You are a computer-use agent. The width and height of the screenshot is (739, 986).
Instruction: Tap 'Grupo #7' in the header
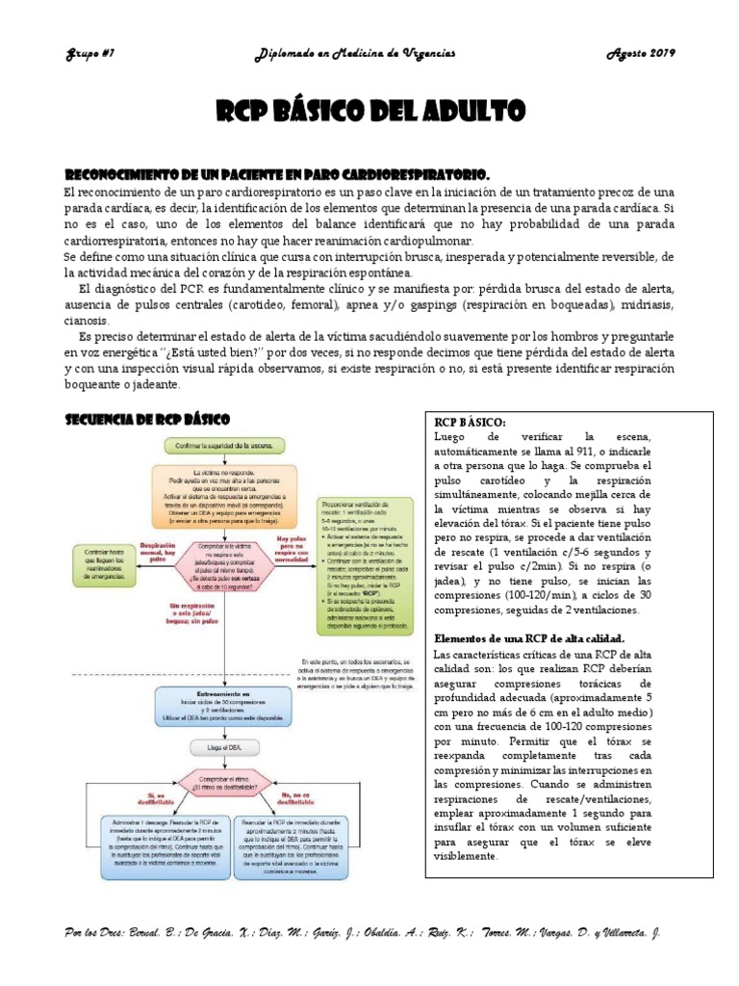(89, 55)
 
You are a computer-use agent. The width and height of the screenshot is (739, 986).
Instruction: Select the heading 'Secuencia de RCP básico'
(146, 420)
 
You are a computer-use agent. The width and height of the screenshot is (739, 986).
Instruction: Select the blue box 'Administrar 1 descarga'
(154, 842)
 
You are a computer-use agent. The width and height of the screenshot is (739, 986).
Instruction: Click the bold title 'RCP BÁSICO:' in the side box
(470, 421)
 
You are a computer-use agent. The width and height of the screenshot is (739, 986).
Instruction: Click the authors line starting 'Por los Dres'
(362, 933)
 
